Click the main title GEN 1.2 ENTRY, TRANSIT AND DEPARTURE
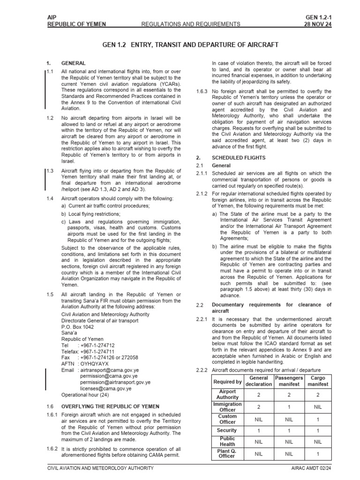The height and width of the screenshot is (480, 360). point(190,45)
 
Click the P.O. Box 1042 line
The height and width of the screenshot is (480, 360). point(77,327)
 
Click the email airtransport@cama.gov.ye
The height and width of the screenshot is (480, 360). point(110,370)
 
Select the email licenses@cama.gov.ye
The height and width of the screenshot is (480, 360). point(105,388)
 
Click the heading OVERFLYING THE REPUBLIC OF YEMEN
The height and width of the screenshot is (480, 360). point(110,406)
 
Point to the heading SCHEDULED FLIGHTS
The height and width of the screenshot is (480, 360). point(239,158)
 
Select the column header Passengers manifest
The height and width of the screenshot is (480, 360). point(289,381)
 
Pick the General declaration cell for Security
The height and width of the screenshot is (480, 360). point(258,430)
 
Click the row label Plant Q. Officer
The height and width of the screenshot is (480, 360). point(227,453)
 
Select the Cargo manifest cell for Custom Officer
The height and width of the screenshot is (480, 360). point(318,419)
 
